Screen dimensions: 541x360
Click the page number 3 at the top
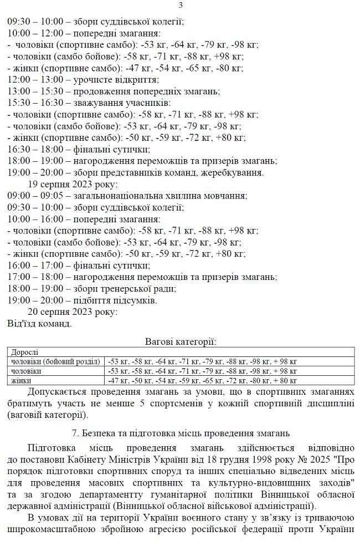click(181, 6)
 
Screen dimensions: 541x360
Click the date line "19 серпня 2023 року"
click(73, 184)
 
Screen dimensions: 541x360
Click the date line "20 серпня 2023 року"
click(73, 312)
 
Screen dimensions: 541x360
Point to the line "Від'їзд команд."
click(39, 323)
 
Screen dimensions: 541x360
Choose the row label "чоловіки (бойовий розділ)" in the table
click(56, 361)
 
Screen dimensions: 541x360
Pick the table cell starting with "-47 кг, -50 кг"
click(203, 381)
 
